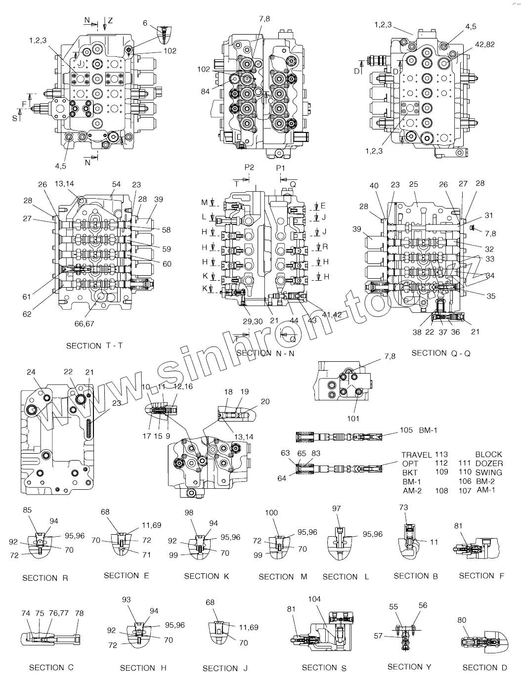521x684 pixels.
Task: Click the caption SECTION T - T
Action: (x=94, y=346)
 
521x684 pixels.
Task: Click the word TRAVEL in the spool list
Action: (x=416, y=455)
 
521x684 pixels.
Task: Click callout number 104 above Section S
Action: (x=314, y=599)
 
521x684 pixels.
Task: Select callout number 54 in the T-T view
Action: (x=116, y=184)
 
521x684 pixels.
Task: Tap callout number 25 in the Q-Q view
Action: (x=414, y=184)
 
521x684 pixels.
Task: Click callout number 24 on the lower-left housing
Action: (x=31, y=372)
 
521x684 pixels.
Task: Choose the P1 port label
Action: (x=281, y=168)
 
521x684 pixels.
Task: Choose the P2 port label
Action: (x=249, y=168)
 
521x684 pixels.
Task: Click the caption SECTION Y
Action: (x=409, y=667)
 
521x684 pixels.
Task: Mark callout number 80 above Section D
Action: (x=462, y=620)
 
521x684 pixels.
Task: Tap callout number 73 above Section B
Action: (x=403, y=508)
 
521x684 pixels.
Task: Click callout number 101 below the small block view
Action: (x=352, y=420)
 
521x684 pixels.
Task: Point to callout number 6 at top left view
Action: (x=145, y=23)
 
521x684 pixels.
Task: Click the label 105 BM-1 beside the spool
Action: (x=418, y=430)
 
